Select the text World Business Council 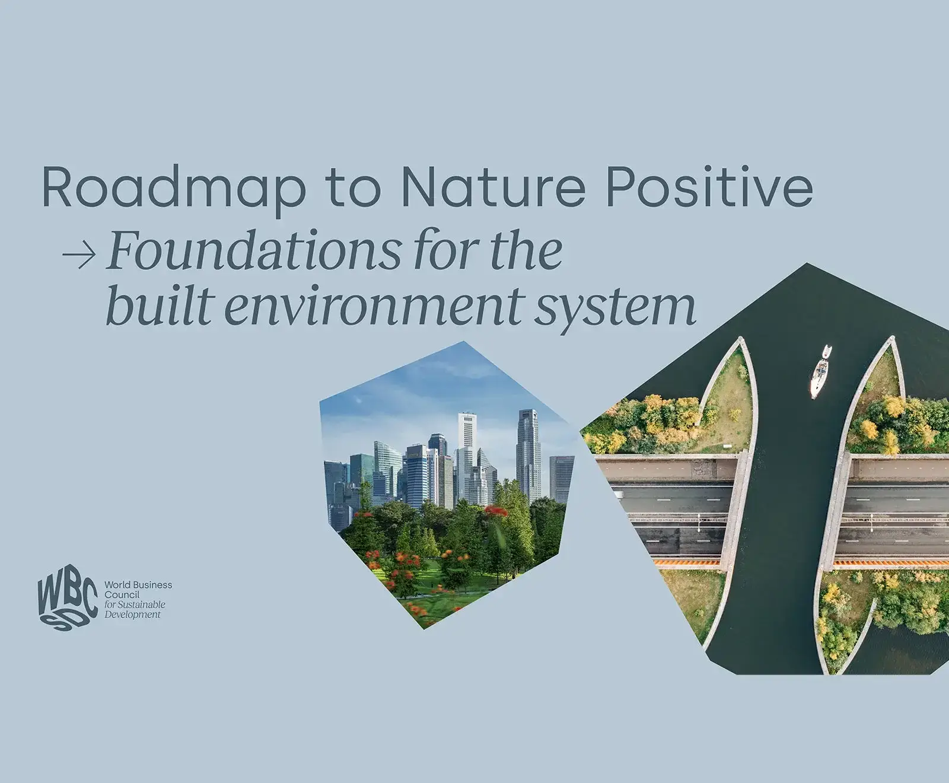tap(138, 589)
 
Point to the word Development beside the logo tap(132, 615)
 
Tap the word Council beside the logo tap(122, 594)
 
